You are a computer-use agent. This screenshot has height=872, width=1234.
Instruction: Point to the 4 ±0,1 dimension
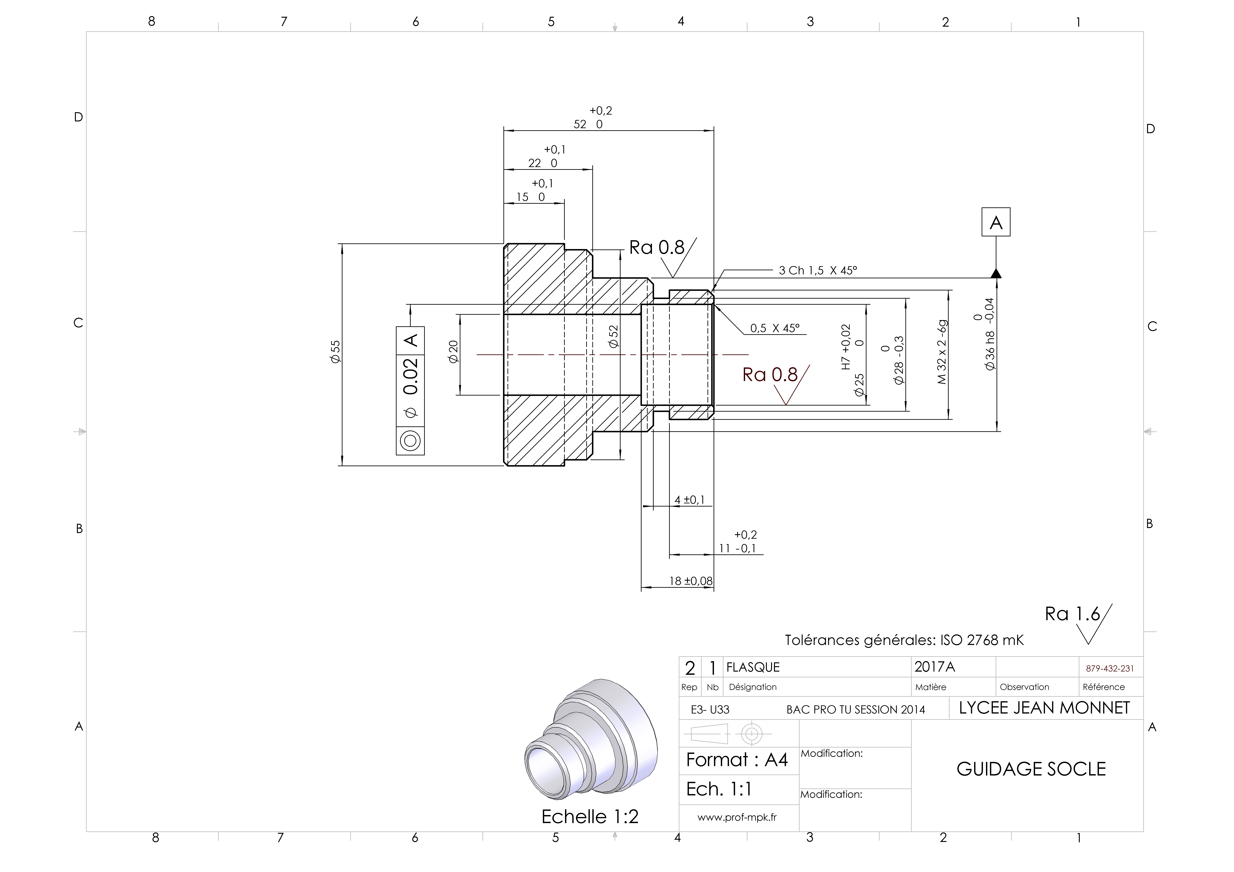[x=690, y=500]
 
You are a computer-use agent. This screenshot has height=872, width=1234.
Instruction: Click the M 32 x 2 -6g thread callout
[x=942, y=352]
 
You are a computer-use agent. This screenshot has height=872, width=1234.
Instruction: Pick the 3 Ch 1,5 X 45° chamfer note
[x=818, y=270]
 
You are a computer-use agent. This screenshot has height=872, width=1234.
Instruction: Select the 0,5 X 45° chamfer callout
[x=775, y=328]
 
